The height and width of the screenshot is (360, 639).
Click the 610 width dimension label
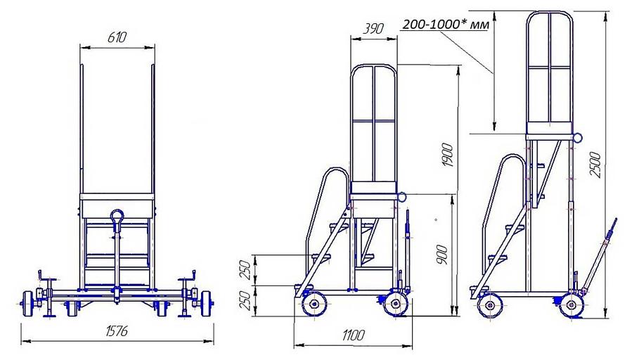pyautogui.click(x=117, y=37)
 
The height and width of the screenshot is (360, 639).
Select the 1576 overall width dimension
pyautogui.click(x=117, y=330)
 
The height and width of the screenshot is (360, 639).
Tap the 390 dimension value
pyautogui.click(x=373, y=28)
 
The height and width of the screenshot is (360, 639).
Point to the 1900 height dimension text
pyautogui.click(x=448, y=155)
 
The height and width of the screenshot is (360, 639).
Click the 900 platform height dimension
pyautogui.click(x=442, y=255)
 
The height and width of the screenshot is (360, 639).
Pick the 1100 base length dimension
pyautogui.click(x=354, y=335)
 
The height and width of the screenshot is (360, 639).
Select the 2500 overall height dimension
pyautogui.click(x=595, y=165)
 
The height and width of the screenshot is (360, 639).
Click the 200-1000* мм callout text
pyautogui.click(x=446, y=25)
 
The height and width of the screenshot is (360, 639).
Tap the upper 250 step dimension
pyautogui.click(x=246, y=270)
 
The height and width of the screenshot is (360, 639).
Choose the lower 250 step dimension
pyautogui.click(x=246, y=301)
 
